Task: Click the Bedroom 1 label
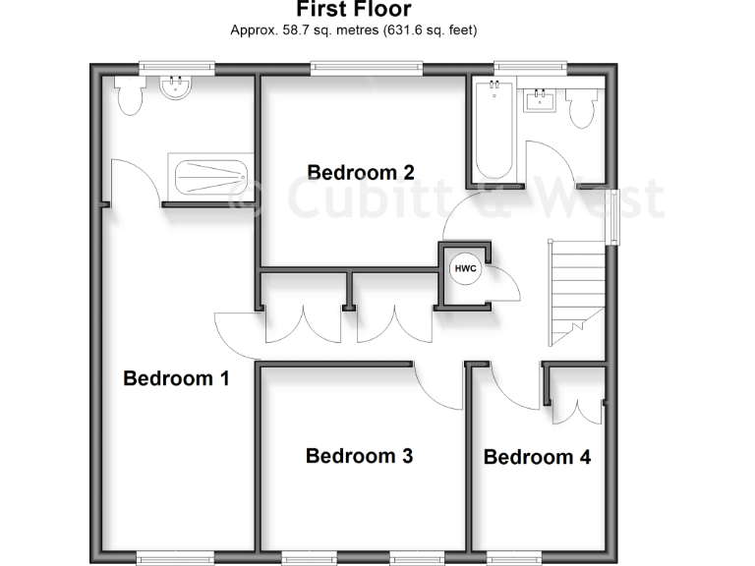click(x=176, y=378)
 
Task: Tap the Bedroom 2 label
click(x=360, y=172)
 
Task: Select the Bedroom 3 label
click(x=359, y=456)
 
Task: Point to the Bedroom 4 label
click(x=537, y=457)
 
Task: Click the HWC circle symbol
click(x=464, y=268)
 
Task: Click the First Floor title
click(x=355, y=11)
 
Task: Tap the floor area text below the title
click(x=354, y=30)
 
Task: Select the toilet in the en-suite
click(x=128, y=95)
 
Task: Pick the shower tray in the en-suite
click(x=211, y=177)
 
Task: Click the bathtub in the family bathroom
click(x=491, y=133)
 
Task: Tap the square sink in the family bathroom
click(x=540, y=98)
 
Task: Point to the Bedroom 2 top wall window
click(x=367, y=68)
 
